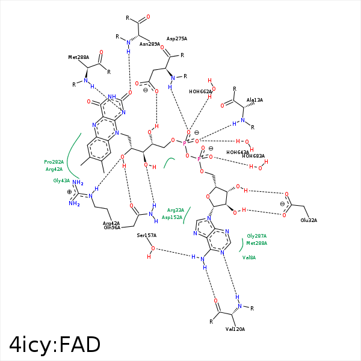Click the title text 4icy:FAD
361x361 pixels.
[x=55, y=344]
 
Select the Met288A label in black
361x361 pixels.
[x=78, y=58]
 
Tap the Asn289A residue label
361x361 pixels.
[x=150, y=44]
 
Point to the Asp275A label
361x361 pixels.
[x=177, y=39]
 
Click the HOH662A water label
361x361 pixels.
[x=200, y=92]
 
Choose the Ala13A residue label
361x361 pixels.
[x=255, y=100]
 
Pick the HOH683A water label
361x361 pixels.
[x=253, y=156]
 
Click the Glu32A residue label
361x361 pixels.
[x=309, y=220]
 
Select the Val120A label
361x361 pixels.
[x=235, y=329]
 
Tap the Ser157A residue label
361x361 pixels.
[x=146, y=235]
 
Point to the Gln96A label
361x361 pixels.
[x=112, y=227]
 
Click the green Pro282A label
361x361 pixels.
[x=54, y=162]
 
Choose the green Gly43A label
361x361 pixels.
[x=61, y=180]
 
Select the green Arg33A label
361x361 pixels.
[x=176, y=210]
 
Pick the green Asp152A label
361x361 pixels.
[x=172, y=217]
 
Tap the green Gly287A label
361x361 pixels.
[x=256, y=236]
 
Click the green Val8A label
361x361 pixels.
[x=249, y=257]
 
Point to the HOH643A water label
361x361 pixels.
[x=238, y=152]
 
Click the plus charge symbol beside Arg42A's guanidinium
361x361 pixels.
[x=70, y=193]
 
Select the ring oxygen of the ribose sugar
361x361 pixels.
[x=208, y=195]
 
